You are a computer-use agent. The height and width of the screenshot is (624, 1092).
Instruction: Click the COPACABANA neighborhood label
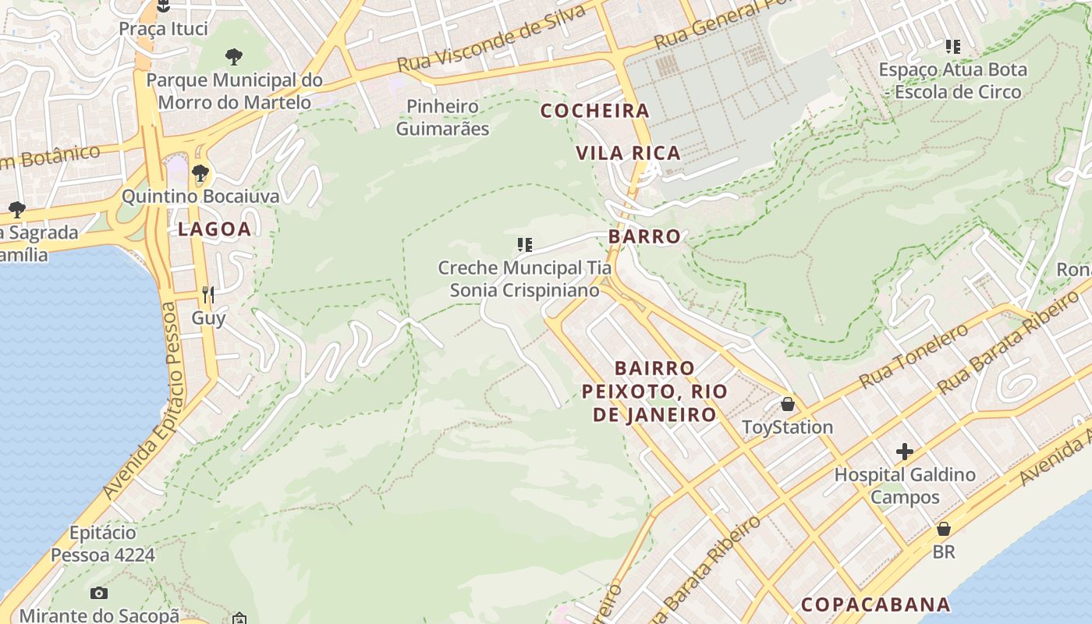876,604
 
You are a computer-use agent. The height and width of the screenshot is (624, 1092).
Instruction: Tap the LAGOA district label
214,229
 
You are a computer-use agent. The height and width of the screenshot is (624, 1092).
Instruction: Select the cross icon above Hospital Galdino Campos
905,452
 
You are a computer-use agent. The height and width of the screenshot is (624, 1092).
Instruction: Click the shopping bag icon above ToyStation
788,404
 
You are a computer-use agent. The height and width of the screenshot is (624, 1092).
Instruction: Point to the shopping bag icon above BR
944,529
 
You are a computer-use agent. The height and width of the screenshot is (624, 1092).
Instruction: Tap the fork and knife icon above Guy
208,294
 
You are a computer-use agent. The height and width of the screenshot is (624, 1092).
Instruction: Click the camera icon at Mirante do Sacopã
99,593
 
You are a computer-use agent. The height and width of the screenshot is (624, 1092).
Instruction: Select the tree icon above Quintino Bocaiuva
200,172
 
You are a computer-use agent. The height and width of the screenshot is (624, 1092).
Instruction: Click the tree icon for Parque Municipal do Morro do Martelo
233,56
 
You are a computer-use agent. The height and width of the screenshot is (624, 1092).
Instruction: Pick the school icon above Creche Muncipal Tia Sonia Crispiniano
525,245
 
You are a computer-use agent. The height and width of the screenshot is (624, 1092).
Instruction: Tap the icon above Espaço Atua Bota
952,47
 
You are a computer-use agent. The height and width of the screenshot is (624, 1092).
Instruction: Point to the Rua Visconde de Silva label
491,38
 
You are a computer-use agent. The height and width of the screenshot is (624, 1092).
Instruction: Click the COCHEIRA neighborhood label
595,111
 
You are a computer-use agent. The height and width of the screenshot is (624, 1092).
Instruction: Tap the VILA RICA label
629,153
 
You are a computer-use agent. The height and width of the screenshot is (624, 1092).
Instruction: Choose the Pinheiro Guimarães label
442,117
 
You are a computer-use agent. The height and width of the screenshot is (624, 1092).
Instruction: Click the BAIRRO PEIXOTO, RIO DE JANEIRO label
654,391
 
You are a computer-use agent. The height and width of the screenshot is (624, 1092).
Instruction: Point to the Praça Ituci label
164,29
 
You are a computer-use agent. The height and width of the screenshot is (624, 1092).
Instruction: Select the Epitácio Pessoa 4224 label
103,544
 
